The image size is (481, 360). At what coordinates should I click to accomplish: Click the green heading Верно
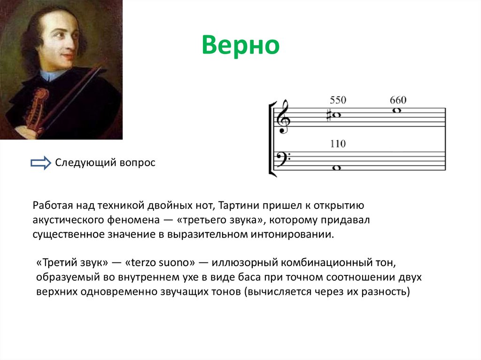pyautogui.click(x=240, y=46)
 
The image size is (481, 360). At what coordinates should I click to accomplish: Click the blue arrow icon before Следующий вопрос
pyautogui.click(x=40, y=163)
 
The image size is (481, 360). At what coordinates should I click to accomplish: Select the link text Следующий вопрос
pyautogui.click(x=105, y=163)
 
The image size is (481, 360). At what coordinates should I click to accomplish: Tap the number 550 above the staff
pyautogui.click(x=338, y=100)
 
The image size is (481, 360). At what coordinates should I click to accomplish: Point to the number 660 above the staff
pyautogui.click(x=398, y=100)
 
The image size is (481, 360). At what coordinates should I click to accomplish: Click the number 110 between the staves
pyautogui.click(x=338, y=144)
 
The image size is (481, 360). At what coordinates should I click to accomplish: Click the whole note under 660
pyautogui.click(x=398, y=111)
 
